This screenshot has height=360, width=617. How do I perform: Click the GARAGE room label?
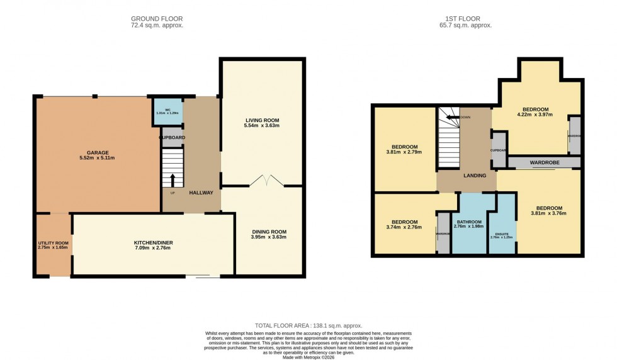pos(98,152)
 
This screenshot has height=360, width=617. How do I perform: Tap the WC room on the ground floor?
pos(167,112)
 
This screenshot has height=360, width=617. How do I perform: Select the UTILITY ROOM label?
pos(53,243)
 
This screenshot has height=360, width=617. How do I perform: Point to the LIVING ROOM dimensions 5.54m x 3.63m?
pos(262,126)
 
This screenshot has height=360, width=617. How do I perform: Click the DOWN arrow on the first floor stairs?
pos(452,117)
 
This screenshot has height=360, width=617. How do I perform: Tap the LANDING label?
pos(474,176)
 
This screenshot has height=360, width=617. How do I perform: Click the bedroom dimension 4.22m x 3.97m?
pos(533,115)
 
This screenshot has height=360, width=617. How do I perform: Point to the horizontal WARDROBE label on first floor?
pos(545,162)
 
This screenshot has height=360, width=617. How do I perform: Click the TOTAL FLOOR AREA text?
pos(308,325)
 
